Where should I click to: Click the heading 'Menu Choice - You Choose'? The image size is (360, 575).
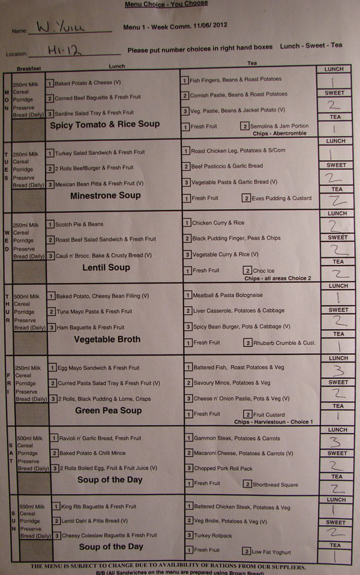point(166,4)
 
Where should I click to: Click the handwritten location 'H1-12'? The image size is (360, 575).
point(60,52)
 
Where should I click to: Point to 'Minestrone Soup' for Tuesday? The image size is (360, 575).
point(105,195)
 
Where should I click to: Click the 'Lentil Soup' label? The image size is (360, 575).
point(106,267)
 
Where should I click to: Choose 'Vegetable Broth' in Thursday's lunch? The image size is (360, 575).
point(107,339)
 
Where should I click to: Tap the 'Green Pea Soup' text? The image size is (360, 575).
point(108,411)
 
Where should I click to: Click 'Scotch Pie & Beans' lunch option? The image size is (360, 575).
point(79,224)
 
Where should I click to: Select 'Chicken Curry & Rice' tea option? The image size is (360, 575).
point(218,223)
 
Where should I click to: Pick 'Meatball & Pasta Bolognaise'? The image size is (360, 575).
point(227,295)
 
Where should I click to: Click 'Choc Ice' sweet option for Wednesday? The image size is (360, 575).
point(263,271)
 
